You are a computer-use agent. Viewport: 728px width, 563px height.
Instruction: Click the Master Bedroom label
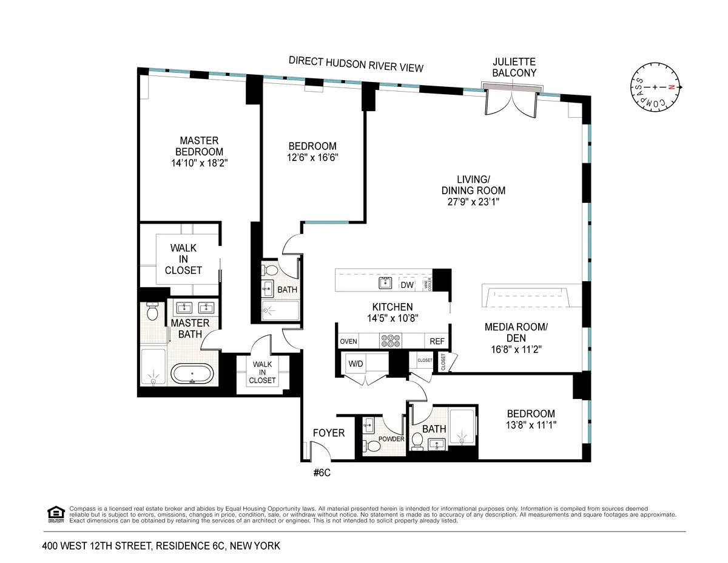pyautogui.click(x=199, y=146)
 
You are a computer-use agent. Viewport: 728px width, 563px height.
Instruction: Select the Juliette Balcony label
pyautogui.click(x=514, y=67)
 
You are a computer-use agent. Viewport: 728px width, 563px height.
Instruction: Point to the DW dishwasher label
pyautogui.click(x=406, y=285)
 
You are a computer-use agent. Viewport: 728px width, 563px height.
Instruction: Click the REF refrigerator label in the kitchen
pyautogui.click(x=437, y=341)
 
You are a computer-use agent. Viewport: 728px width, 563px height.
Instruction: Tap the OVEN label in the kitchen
pyautogui.click(x=349, y=341)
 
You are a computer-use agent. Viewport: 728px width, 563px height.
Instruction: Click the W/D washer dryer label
pyautogui.click(x=356, y=364)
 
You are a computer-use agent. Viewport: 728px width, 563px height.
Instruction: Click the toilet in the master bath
pyautogui.click(x=153, y=312)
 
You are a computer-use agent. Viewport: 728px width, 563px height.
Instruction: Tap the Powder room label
pyautogui.click(x=391, y=438)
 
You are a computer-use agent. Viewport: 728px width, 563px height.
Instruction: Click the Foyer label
pyautogui.click(x=328, y=433)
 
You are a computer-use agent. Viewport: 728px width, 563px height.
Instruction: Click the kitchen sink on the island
pyautogui.click(x=385, y=282)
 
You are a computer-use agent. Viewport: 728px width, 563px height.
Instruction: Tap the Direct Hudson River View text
pyautogui.click(x=356, y=64)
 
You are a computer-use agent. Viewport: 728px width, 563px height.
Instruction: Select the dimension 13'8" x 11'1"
pyautogui.click(x=531, y=425)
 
